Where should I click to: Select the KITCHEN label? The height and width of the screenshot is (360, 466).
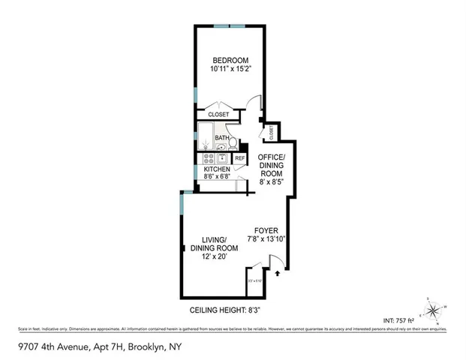click(218, 169)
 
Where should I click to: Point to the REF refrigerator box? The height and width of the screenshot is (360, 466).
click(239, 158)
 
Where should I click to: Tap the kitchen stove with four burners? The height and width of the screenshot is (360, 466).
click(206, 158)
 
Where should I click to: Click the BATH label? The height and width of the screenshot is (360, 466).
click(222, 138)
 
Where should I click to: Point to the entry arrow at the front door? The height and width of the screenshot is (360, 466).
click(278, 274)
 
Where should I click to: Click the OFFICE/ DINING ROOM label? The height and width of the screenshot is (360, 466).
click(272, 164)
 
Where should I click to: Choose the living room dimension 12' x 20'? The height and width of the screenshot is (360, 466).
click(215, 256)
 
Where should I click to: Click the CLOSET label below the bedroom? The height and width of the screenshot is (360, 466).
click(218, 114)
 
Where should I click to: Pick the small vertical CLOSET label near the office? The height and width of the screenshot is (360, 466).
click(271, 132)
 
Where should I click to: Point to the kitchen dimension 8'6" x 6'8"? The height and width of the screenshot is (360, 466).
click(218, 178)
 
